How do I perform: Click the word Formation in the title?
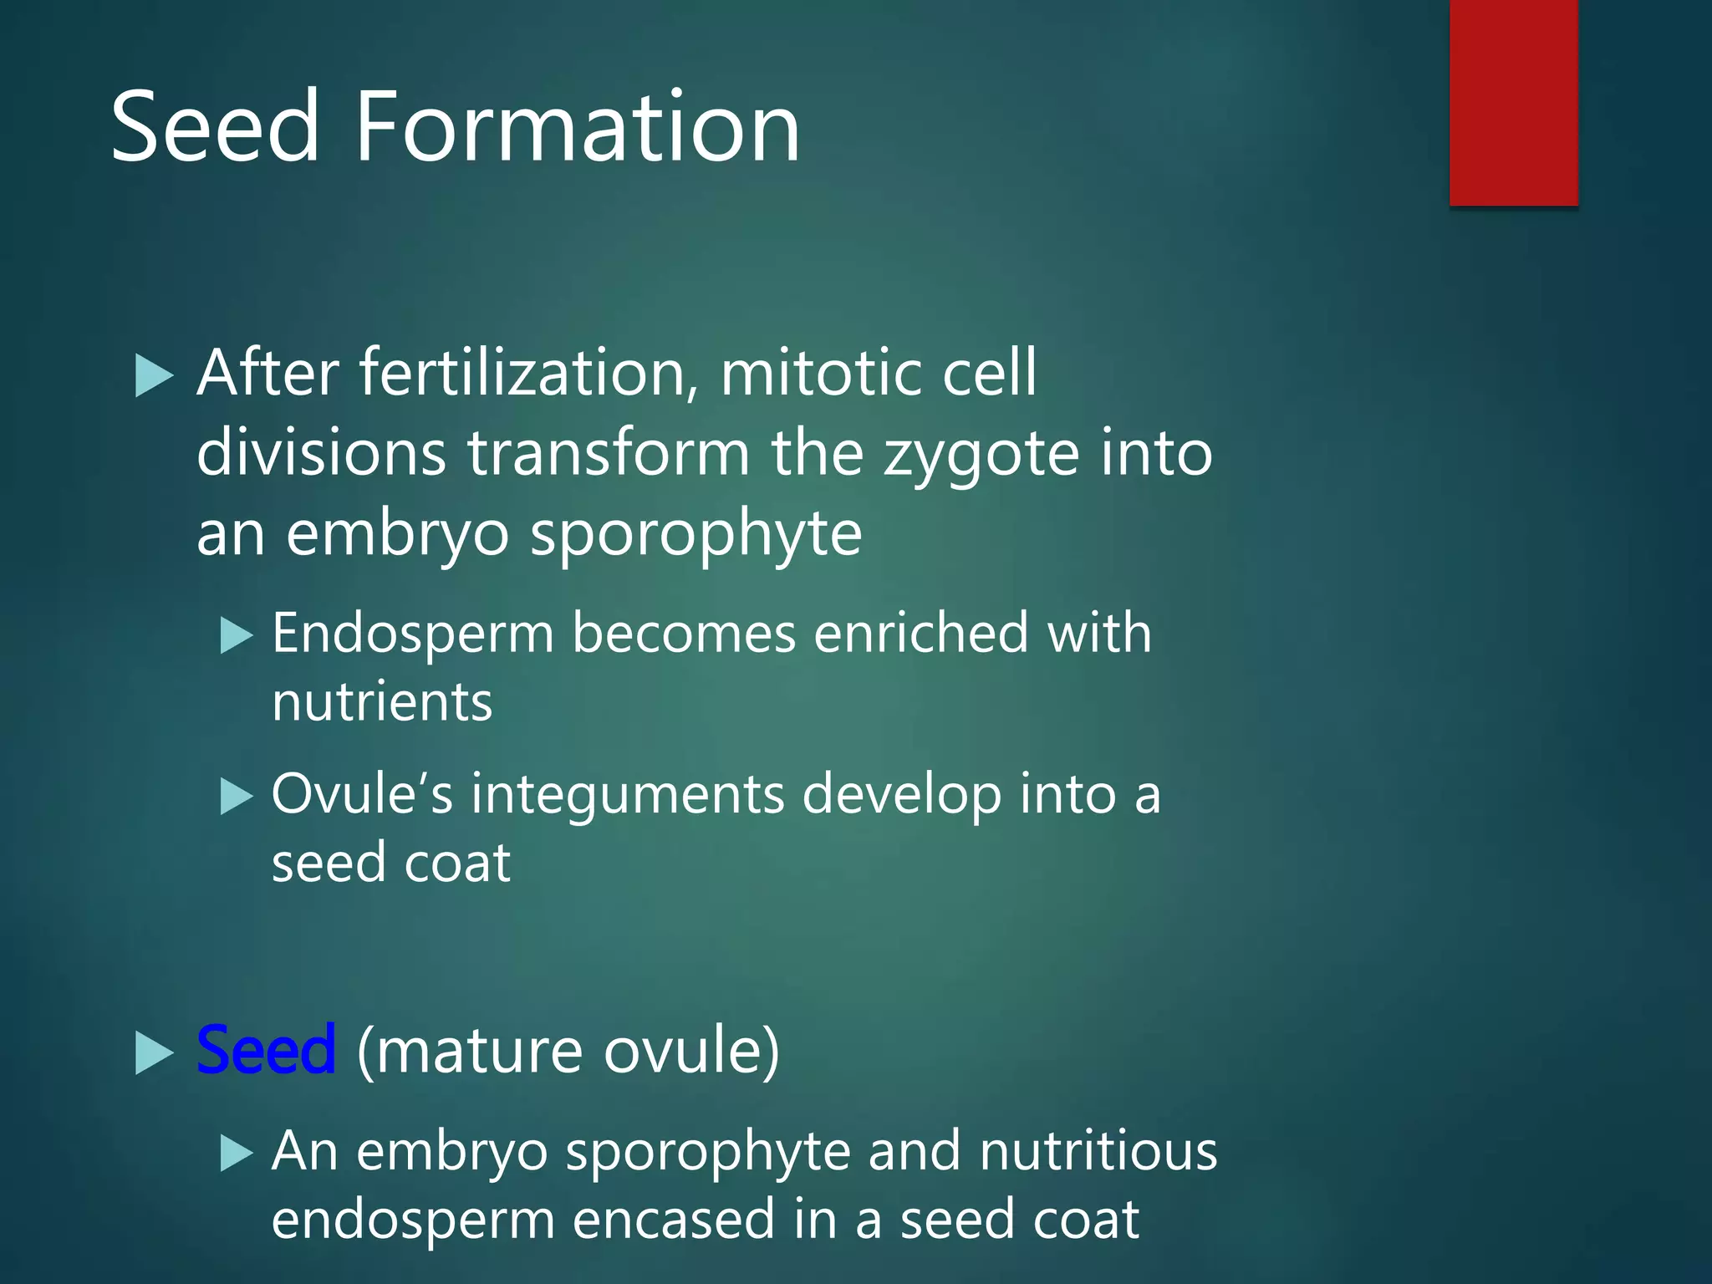[x=577, y=127]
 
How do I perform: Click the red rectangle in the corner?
[x=1513, y=102]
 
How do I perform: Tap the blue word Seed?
[x=266, y=1050]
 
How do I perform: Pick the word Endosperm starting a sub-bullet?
[x=413, y=634]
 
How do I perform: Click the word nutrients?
[x=382, y=702]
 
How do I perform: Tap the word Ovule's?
[x=362, y=794]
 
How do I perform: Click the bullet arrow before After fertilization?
[x=153, y=375]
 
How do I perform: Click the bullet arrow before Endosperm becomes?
[x=236, y=636]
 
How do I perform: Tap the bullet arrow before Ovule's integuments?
[x=236, y=797]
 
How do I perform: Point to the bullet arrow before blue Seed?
[x=153, y=1053]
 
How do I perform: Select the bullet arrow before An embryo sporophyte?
[x=236, y=1154]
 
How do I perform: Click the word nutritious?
[x=1098, y=1152]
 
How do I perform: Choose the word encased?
[x=674, y=1220]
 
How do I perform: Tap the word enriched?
[x=920, y=634]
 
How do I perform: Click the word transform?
[x=608, y=453]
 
